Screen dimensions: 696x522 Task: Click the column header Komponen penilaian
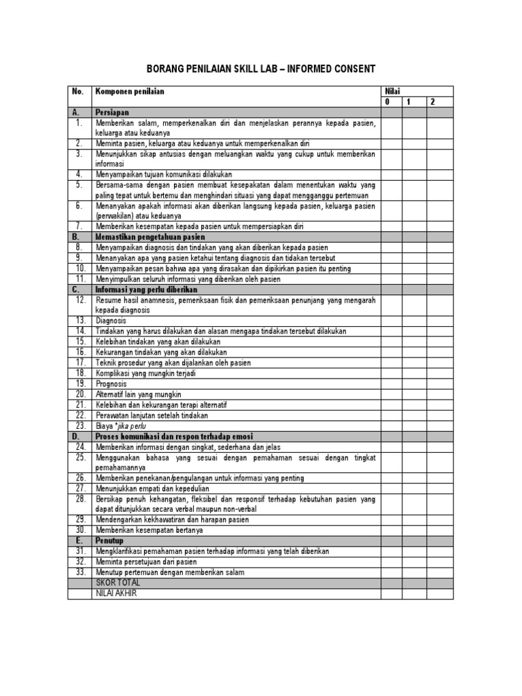130,91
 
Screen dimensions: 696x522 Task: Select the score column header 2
432,102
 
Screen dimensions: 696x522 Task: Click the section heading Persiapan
112,112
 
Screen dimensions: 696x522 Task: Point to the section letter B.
75,237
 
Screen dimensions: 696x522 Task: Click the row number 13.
80,320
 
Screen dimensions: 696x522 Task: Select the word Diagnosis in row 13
111,320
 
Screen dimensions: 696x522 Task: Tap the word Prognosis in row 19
111,383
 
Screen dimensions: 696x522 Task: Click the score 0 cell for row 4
391,174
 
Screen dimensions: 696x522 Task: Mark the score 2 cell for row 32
439,562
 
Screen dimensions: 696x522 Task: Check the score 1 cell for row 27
415,488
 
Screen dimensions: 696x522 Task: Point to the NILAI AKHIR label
117,593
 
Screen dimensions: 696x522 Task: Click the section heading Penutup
109,541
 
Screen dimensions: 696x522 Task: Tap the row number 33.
80,572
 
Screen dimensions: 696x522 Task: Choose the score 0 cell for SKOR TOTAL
391,583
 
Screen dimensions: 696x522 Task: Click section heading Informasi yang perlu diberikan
146,289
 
